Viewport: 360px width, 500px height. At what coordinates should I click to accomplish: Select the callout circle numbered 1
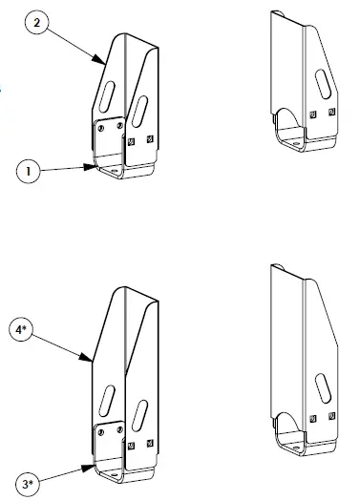(31, 173)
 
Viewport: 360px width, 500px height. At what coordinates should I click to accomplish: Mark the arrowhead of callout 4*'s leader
(93, 361)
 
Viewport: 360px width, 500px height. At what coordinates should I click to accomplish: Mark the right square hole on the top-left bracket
(151, 142)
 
